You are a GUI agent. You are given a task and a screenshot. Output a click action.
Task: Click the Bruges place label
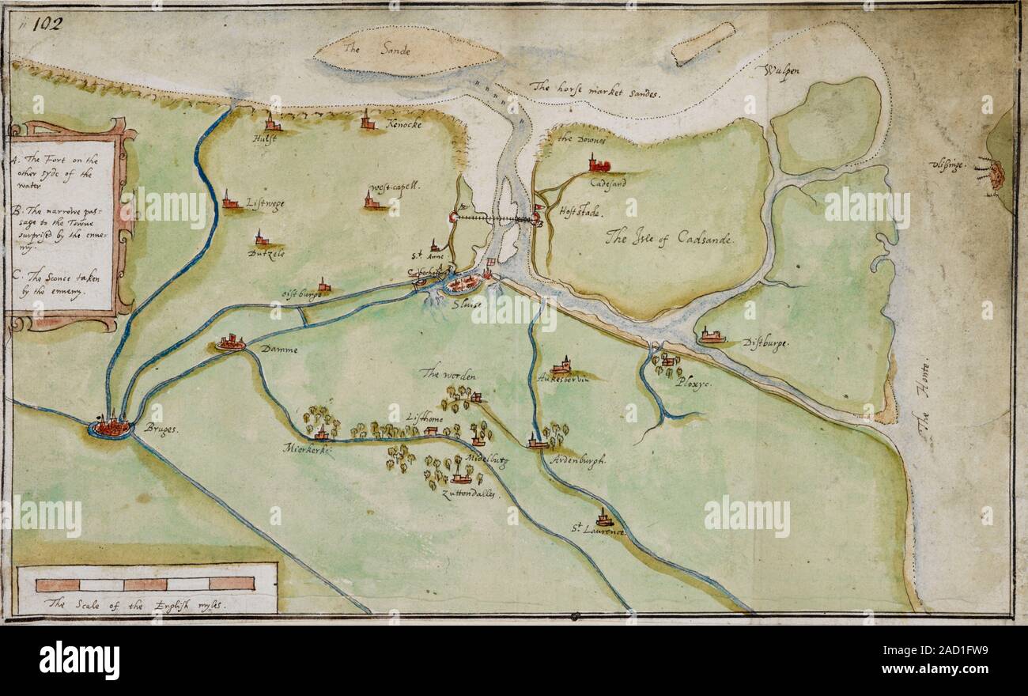tap(163, 429)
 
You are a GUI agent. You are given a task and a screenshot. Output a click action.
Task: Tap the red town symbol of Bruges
tap(111, 427)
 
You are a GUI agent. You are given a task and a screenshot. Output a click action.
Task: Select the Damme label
tap(280, 349)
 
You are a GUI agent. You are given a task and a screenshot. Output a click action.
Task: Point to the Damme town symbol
tap(231, 342)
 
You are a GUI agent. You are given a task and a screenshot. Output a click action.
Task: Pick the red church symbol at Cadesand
tap(599, 165)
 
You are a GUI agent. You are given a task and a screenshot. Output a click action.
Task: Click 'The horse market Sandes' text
tap(595, 89)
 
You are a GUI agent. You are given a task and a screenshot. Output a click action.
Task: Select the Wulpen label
tap(782, 70)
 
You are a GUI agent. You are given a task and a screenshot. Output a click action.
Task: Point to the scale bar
tap(146, 584)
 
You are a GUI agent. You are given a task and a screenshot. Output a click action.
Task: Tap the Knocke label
tap(404, 125)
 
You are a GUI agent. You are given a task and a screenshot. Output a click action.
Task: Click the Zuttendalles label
tap(468, 493)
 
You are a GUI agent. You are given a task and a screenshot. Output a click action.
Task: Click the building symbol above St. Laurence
tap(604, 517)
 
